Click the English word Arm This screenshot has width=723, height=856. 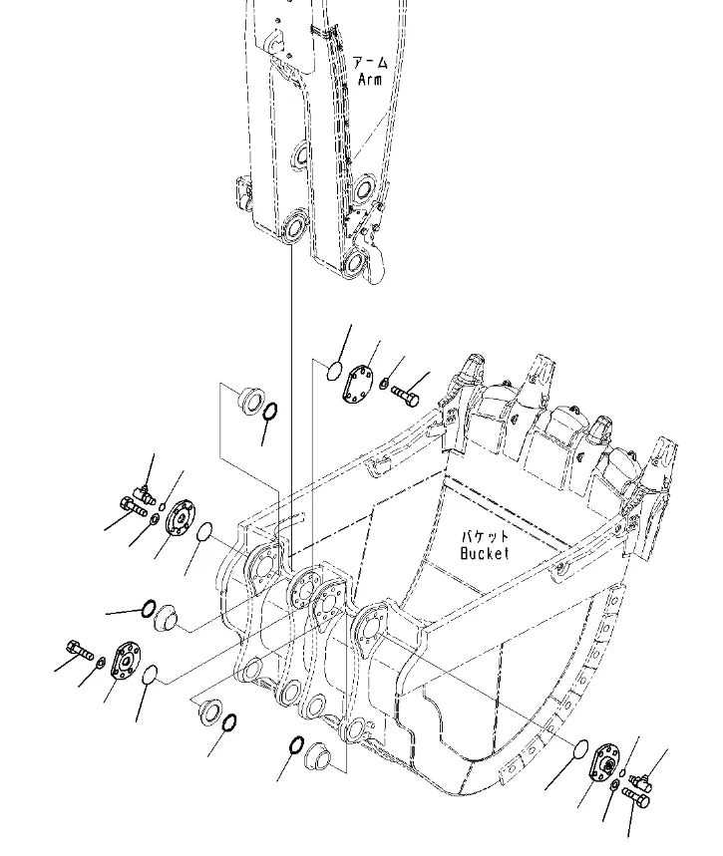(x=370, y=78)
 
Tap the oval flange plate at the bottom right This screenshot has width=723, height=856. (x=604, y=763)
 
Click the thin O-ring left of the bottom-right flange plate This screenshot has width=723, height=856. (x=581, y=747)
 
